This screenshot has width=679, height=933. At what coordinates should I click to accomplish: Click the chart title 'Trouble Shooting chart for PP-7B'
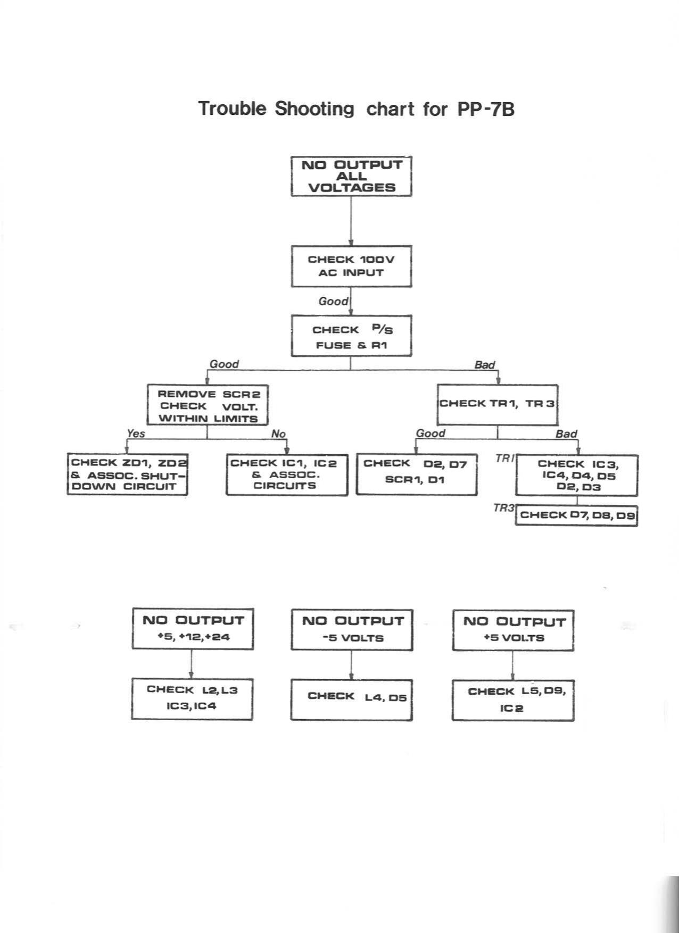coord(356,109)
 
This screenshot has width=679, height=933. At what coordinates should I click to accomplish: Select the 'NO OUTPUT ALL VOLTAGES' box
coord(351,176)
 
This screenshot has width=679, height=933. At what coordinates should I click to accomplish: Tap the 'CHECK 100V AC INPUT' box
coord(351,266)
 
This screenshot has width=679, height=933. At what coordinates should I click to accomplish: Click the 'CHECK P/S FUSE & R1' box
coord(351,336)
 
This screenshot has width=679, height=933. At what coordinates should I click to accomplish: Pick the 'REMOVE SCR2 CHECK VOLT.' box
coord(208,405)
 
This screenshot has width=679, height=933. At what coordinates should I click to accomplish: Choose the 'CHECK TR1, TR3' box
coord(498,404)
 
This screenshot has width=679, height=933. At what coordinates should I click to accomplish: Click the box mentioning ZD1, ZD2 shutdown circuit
coord(127,474)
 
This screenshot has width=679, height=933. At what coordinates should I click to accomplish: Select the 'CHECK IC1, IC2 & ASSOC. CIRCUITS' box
coord(287,474)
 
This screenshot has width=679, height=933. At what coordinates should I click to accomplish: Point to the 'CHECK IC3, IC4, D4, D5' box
coord(576,475)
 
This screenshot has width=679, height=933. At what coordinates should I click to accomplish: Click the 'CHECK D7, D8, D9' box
coord(576,515)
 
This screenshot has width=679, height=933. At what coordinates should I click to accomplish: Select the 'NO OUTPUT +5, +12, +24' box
coord(193,629)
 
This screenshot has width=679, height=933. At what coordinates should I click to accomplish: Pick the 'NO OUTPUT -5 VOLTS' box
coord(352,630)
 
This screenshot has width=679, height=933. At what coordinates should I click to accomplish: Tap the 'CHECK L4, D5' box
coord(352,699)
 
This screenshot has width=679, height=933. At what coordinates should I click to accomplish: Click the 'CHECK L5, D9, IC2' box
coord(513,700)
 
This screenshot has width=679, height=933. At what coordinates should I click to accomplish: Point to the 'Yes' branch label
coord(136,434)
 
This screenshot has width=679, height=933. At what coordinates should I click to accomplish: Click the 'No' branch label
coord(278,434)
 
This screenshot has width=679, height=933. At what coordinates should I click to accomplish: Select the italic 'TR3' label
coord(503,508)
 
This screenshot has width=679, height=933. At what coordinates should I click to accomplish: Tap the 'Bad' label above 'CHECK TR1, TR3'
coord(484,365)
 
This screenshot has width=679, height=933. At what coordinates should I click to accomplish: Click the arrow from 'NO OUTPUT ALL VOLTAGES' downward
coord(351,221)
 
